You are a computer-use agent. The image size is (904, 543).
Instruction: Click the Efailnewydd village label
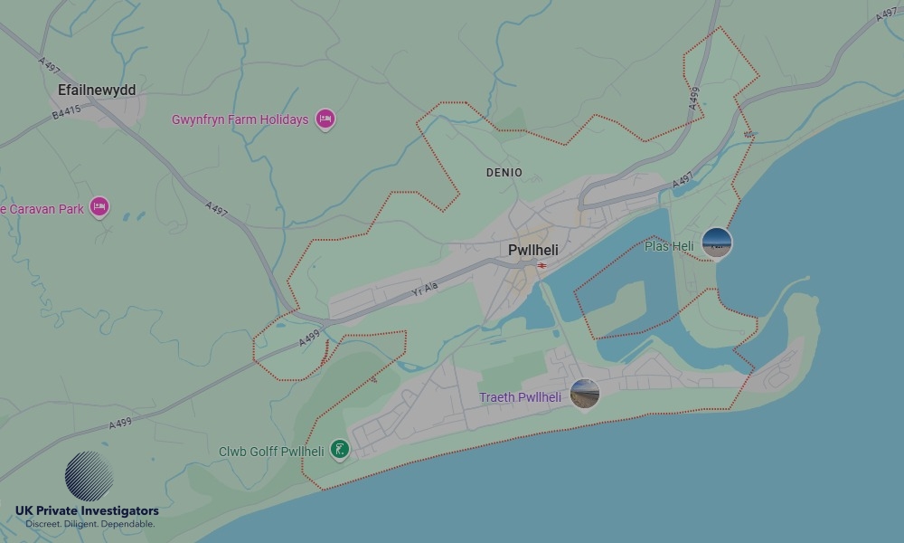click(x=97, y=90)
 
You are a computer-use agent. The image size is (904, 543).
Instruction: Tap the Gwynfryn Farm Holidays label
click(x=240, y=119)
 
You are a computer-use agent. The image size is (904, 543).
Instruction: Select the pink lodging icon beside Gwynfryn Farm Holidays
click(x=325, y=119)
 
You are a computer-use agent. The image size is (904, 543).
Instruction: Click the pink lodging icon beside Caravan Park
click(x=99, y=208)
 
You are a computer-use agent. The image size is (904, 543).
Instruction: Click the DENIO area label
click(x=504, y=172)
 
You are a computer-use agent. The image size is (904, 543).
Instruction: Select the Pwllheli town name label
click(x=533, y=250)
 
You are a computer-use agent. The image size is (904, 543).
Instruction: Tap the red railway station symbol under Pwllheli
click(x=541, y=266)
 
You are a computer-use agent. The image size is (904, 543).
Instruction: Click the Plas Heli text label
click(x=669, y=246)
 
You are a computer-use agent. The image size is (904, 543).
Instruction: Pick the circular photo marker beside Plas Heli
click(x=717, y=243)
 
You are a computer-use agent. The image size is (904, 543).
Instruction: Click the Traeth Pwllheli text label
click(x=520, y=397)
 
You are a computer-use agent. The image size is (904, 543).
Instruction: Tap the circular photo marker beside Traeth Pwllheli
click(x=585, y=394)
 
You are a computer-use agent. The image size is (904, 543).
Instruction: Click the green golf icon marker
click(x=339, y=449)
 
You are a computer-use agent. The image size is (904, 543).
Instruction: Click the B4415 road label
click(x=66, y=110)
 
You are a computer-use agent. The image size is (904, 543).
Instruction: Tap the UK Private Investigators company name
click(x=87, y=511)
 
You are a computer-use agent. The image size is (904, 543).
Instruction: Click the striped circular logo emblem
click(x=89, y=476)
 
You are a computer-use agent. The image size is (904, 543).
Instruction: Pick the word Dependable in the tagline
click(x=127, y=525)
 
